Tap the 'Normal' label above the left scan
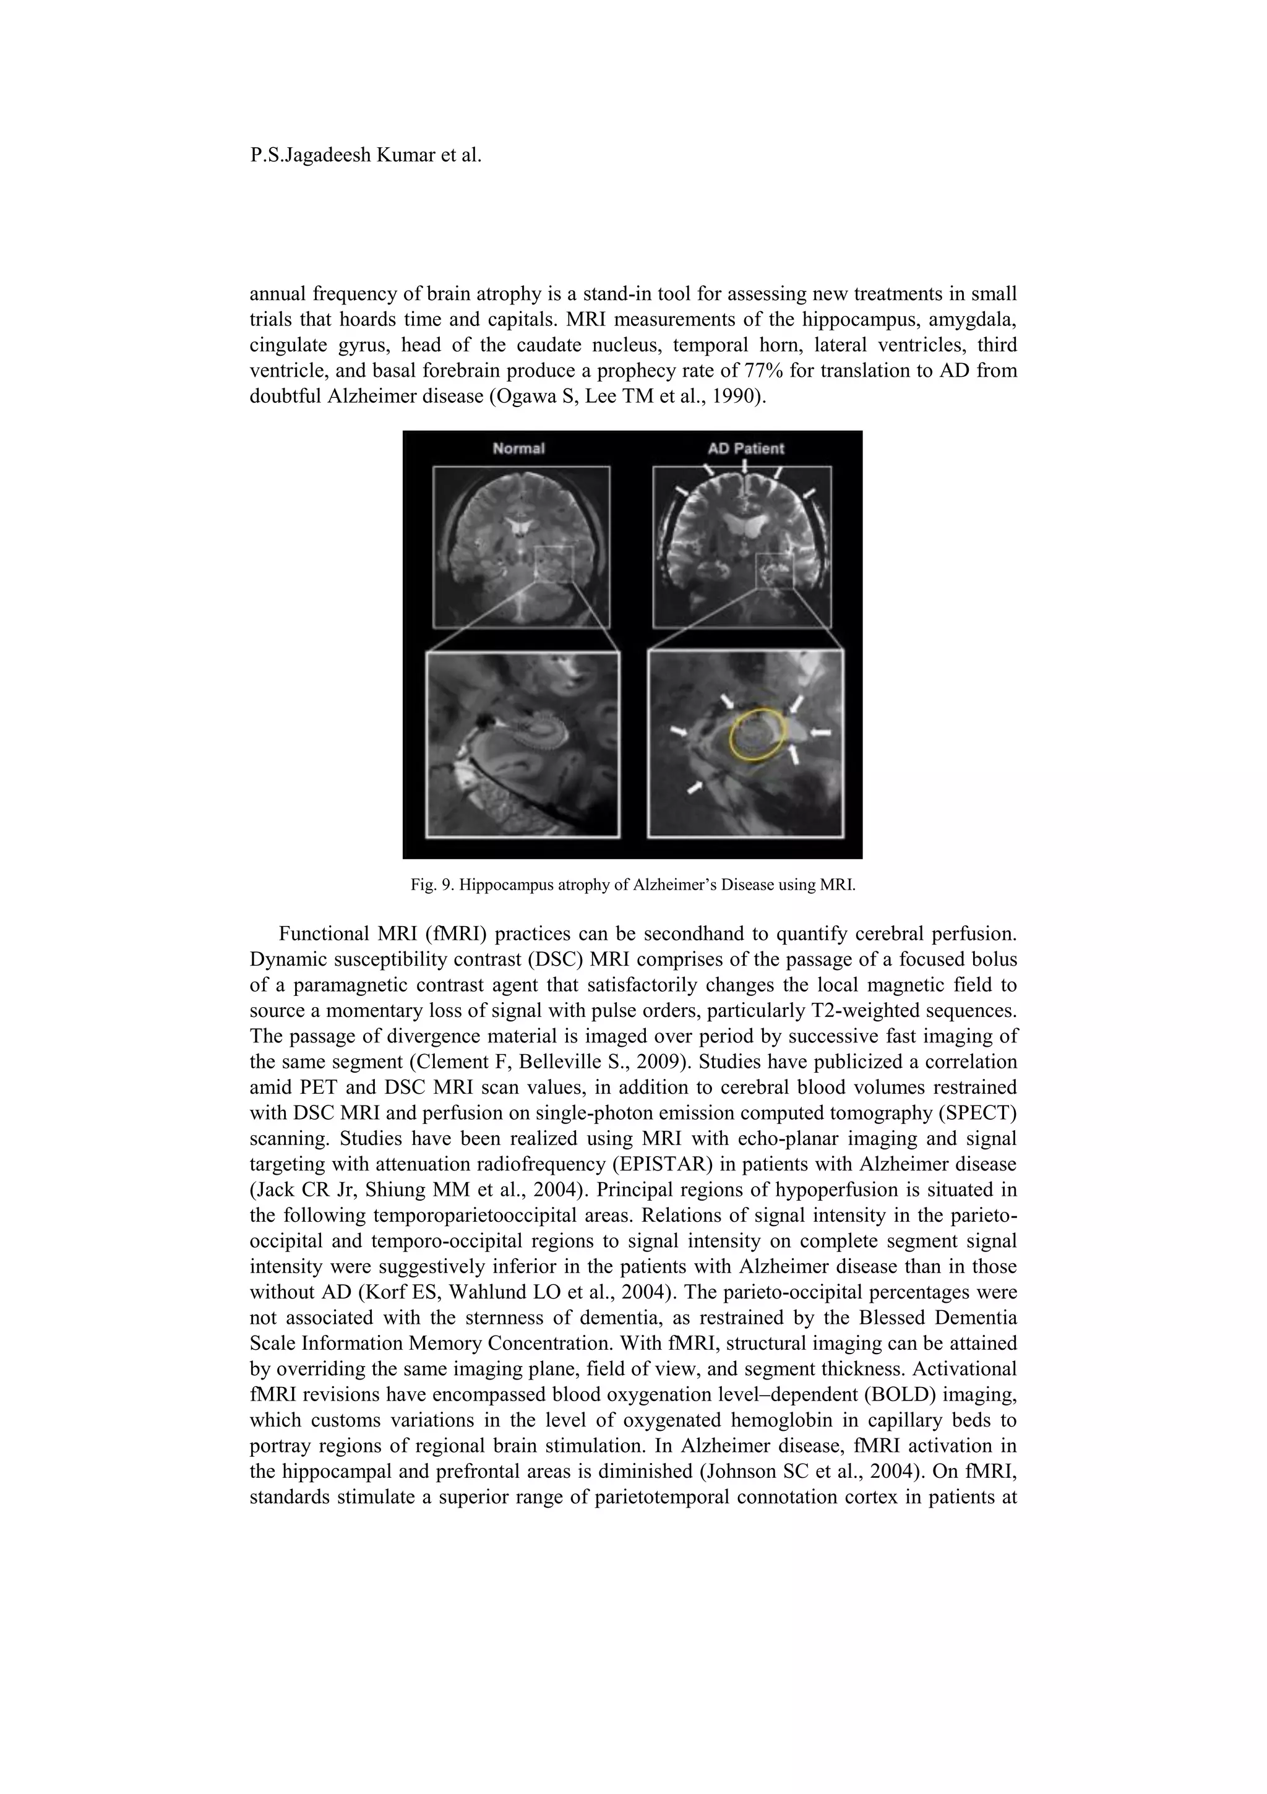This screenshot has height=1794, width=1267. point(518,448)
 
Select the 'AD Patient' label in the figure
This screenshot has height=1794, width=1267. point(745,448)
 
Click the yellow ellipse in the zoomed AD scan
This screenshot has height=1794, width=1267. point(755,734)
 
